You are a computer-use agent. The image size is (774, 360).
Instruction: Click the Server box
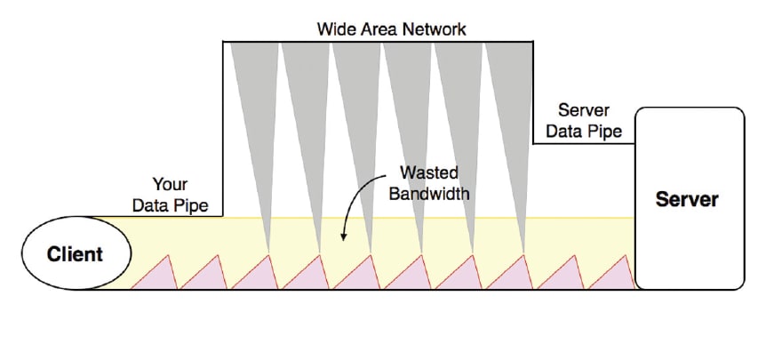[689, 199]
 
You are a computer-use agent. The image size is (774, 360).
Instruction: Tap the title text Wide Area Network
[391, 28]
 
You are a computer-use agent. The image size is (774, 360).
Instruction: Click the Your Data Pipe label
[170, 195]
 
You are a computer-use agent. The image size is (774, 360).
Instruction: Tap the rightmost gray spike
[510, 107]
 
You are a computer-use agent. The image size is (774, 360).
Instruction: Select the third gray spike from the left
[355, 107]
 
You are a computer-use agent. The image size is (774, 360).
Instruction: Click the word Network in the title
[435, 28]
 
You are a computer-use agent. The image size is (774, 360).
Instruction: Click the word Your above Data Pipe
[171, 185]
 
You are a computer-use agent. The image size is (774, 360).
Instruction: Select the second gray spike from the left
[304, 107]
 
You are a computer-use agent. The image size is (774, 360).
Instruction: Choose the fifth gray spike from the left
[459, 107]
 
